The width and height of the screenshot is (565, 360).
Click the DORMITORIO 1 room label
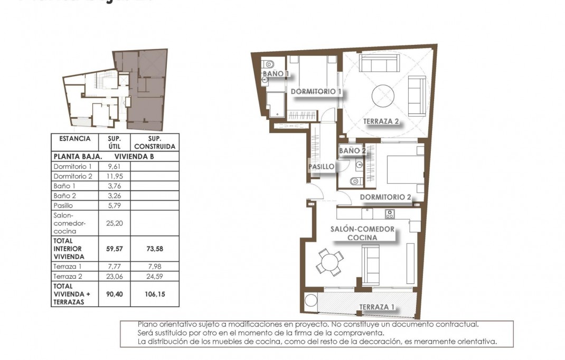[x=316, y=91]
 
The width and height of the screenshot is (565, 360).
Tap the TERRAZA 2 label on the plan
[x=381, y=121]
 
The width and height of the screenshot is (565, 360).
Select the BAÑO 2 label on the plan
[x=352, y=151]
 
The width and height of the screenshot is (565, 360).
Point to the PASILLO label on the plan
[x=322, y=167]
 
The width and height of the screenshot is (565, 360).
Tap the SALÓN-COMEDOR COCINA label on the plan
[x=362, y=233]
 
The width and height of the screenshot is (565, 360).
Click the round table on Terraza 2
[x=383, y=97]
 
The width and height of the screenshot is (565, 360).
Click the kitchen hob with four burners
[x=390, y=214]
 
